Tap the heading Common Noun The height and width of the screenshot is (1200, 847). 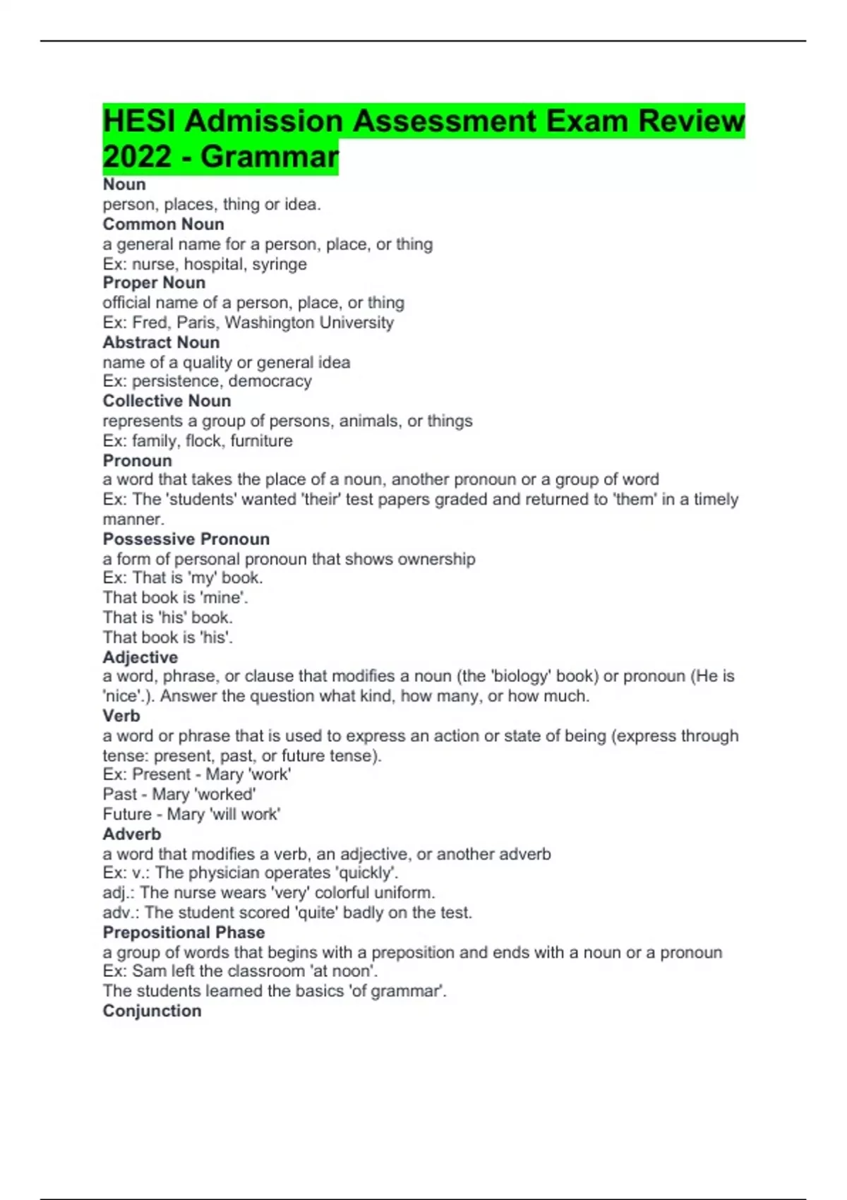click(163, 224)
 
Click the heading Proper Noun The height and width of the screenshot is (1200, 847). click(154, 282)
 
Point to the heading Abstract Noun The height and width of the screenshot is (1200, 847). click(161, 342)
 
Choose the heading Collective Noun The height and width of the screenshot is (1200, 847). click(167, 401)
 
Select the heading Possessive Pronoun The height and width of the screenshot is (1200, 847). click(186, 539)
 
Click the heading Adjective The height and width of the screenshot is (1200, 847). click(140, 657)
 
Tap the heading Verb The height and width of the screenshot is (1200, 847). click(121, 716)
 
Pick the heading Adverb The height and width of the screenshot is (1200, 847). click(131, 834)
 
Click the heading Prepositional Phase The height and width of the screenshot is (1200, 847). click(184, 932)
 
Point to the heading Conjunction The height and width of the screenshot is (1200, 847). click(152, 1011)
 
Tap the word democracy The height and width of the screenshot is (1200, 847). click(270, 381)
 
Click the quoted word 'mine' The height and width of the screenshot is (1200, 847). click(224, 598)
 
